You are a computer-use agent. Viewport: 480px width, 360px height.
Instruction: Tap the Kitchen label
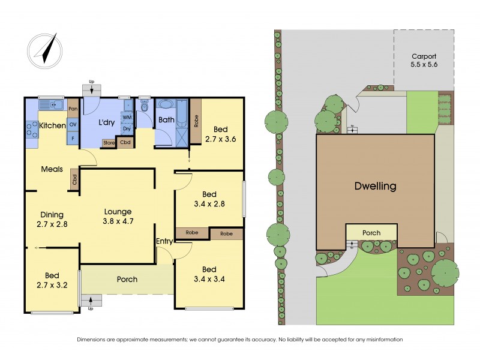[52, 125]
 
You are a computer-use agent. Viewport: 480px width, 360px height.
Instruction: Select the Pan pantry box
[73, 109]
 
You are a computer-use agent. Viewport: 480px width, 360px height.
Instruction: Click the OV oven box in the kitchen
[73, 124]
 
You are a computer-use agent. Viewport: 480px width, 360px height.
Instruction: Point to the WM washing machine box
[127, 117]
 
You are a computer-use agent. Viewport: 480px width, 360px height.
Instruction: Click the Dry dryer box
[127, 128]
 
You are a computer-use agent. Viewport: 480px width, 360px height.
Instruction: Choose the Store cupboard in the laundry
[108, 143]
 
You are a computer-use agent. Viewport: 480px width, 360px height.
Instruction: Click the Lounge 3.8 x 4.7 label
[118, 217]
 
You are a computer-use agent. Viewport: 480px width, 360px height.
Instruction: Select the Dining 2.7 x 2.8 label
[52, 220]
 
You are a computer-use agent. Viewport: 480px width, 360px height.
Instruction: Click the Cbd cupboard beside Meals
[74, 180]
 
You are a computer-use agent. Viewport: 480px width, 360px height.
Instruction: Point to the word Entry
[164, 241]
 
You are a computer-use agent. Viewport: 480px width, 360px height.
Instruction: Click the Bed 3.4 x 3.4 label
[209, 274]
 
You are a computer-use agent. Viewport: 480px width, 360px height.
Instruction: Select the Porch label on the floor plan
[127, 279]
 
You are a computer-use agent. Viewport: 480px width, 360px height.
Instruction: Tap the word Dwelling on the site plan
[374, 186]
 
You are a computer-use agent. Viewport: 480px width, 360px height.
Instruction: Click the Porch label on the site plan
[371, 232]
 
